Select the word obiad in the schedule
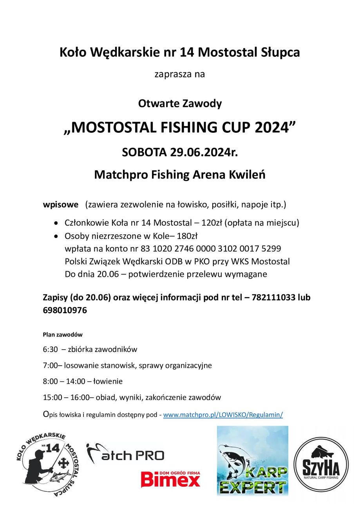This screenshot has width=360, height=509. click(x=106, y=397)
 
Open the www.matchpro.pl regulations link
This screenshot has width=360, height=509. click(x=223, y=415)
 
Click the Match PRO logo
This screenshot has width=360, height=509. click(x=125, y=454)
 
